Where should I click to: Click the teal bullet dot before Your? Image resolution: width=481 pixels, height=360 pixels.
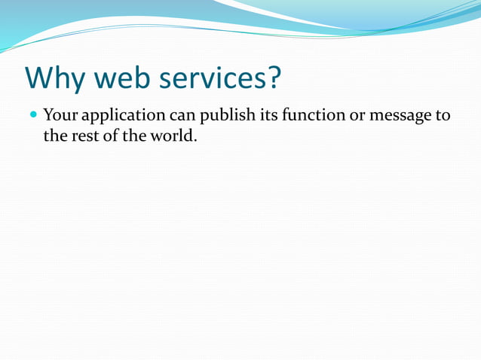pos(32,116)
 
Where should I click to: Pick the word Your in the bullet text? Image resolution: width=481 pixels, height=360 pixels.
pos(61,116)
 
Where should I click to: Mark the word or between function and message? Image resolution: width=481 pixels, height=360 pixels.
pos(355,117)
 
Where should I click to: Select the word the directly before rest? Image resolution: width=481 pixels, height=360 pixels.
pos(55,137)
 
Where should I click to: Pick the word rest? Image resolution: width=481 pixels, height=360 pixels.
pos(84,137)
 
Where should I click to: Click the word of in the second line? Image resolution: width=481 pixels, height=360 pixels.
pos(110,137)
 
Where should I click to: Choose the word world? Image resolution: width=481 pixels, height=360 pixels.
pos(170,137)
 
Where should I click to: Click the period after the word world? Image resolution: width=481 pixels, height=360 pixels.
pos(195,142)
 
